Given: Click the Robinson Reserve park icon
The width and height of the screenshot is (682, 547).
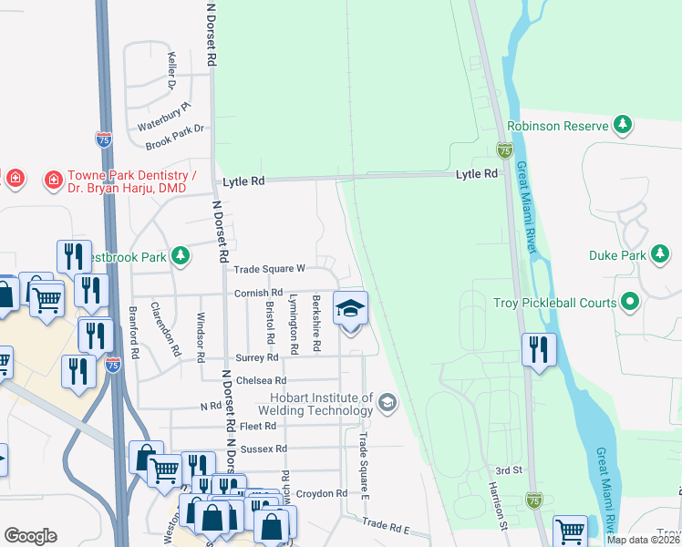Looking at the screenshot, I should pyautogui.click(x=623, y=125).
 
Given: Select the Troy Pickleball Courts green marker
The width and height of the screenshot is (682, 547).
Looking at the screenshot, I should pyautogui.click(x=629, y=302).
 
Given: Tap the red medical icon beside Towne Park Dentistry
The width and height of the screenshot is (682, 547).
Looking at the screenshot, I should pyautogui.click(x=53, y=179).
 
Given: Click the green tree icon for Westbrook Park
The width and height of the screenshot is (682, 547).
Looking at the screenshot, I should pyautogui.click(x=181, y=256).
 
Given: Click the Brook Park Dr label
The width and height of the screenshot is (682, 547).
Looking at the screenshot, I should pyautogui.click(x=175, y=135).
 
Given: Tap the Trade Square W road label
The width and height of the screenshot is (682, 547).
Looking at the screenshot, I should pyautogui.click(x=268, y=269).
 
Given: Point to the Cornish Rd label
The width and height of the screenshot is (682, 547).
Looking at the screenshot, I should pyautogui.click(x=259, y=293).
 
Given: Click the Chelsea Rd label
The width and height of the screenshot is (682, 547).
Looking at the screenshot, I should pyautogui.click(x=261, y=380).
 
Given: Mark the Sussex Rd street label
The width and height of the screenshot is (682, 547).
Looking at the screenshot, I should pyautogui.click(x=263, y=449).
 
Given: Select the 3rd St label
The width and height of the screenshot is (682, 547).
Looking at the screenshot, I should pyautogui.click(x=507, y=470).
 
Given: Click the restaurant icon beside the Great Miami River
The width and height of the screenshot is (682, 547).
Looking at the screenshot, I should pyautogui.click(x=539, y=350).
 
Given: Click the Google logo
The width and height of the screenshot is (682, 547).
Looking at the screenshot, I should pyautogui.click(x=30, y=536).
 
